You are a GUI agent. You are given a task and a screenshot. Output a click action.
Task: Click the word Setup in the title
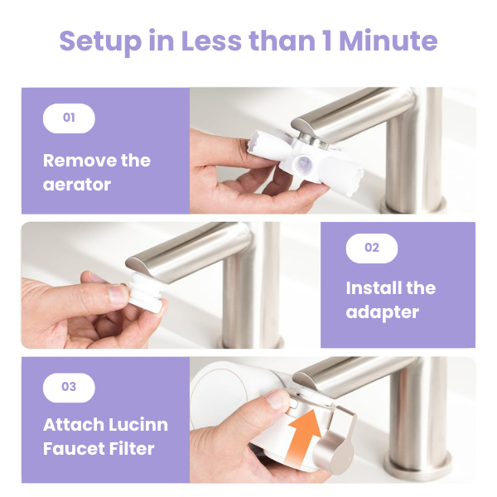100,41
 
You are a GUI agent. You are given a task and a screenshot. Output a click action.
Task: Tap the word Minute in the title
388,41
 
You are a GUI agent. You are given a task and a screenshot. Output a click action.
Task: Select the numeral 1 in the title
327,41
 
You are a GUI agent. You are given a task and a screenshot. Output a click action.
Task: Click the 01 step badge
69,118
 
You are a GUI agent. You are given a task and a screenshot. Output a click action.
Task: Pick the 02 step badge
372,248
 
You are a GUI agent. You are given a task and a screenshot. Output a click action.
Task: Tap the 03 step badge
69,388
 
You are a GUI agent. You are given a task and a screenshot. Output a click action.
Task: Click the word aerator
77,185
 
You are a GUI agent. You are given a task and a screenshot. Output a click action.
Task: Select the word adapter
382,313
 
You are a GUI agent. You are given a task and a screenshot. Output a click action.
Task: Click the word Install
374,287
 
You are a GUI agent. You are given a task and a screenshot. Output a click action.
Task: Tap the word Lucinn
139,425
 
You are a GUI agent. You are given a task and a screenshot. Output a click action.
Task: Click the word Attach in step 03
74,425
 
